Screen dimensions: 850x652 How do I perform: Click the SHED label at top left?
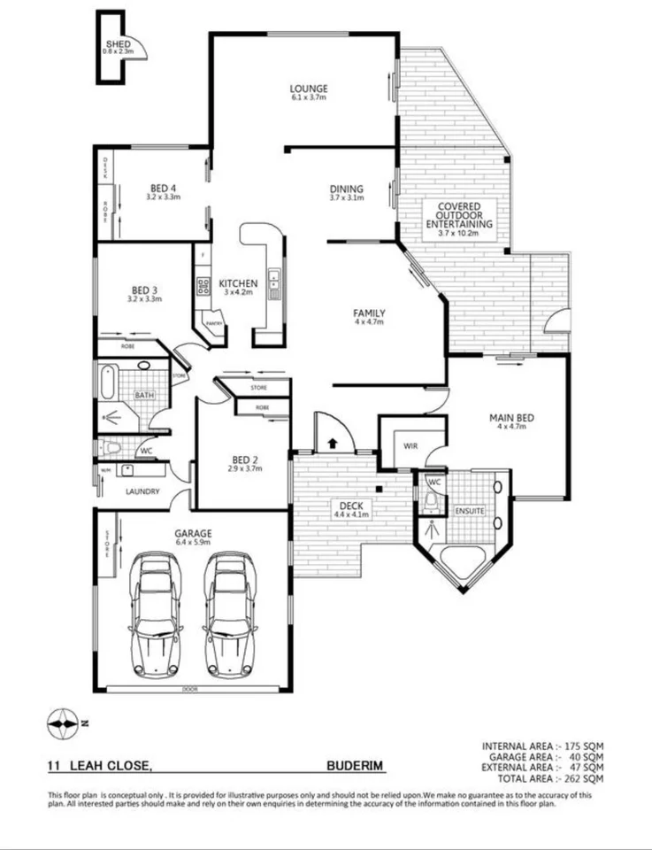118,43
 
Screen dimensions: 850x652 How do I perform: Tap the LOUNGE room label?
309,89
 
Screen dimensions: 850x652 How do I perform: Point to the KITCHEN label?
238,283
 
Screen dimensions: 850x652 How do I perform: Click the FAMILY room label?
369,313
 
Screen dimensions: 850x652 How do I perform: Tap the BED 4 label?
163,188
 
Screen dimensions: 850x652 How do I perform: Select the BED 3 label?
144,290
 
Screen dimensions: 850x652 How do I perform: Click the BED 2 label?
245,460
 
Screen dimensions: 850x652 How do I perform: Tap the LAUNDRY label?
142,491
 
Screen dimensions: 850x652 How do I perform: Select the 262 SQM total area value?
585,779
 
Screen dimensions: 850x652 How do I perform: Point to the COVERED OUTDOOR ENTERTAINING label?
452,216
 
